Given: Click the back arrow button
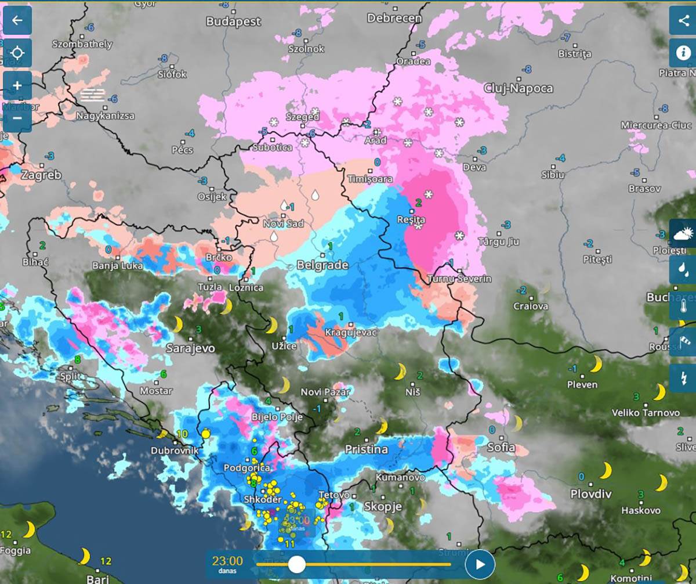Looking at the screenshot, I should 17,20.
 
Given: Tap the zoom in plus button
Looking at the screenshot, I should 17,85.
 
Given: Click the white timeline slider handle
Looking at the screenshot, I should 296,564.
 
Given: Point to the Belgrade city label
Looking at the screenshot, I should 322,265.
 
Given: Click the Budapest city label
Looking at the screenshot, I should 234,21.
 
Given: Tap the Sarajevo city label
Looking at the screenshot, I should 190,348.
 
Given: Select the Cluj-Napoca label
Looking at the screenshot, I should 518,88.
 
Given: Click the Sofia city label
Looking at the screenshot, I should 501,447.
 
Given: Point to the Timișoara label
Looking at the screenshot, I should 370,179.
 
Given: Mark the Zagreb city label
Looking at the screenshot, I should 41,175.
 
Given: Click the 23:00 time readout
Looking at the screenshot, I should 227,561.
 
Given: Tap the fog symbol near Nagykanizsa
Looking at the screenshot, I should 93,95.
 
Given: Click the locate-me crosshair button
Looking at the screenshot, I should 17,53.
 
